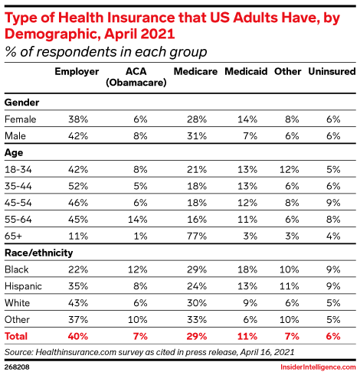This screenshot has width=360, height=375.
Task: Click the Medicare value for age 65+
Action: point(197,236)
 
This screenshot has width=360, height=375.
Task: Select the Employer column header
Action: point(77,72)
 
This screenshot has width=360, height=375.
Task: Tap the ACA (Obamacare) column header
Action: point(136,77)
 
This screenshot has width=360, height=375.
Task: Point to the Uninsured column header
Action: point(332,71)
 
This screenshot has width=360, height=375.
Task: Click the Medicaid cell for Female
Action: point(247,119)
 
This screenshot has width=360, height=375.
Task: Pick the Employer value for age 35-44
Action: point(78,186)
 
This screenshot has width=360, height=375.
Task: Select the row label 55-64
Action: point(18,220)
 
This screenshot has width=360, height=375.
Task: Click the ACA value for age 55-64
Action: point(138,220)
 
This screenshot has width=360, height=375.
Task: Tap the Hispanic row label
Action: point(23,286)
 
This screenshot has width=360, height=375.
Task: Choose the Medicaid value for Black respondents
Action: point(247,269)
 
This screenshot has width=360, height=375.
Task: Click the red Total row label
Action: point(16,336)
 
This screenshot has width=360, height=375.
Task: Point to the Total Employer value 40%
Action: point(78,336)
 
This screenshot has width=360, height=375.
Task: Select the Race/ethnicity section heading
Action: point(39,253)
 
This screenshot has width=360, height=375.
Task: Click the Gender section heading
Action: point(22,103)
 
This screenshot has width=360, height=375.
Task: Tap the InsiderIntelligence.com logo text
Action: point(318,367)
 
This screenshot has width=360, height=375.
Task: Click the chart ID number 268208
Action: point(17,367)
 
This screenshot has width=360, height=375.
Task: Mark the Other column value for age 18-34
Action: point(289,169)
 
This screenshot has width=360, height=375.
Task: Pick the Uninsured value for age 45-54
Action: point(333,203)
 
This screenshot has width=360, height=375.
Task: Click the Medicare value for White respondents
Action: point(197,303)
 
